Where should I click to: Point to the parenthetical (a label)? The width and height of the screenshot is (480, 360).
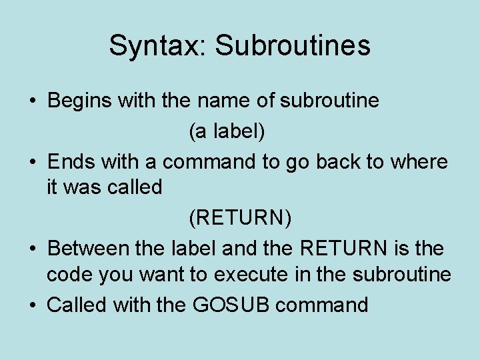coord(227,131)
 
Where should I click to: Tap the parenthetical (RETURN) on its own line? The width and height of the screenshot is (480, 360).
coord(241,218)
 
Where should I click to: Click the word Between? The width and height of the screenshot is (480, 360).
coord(89,248)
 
